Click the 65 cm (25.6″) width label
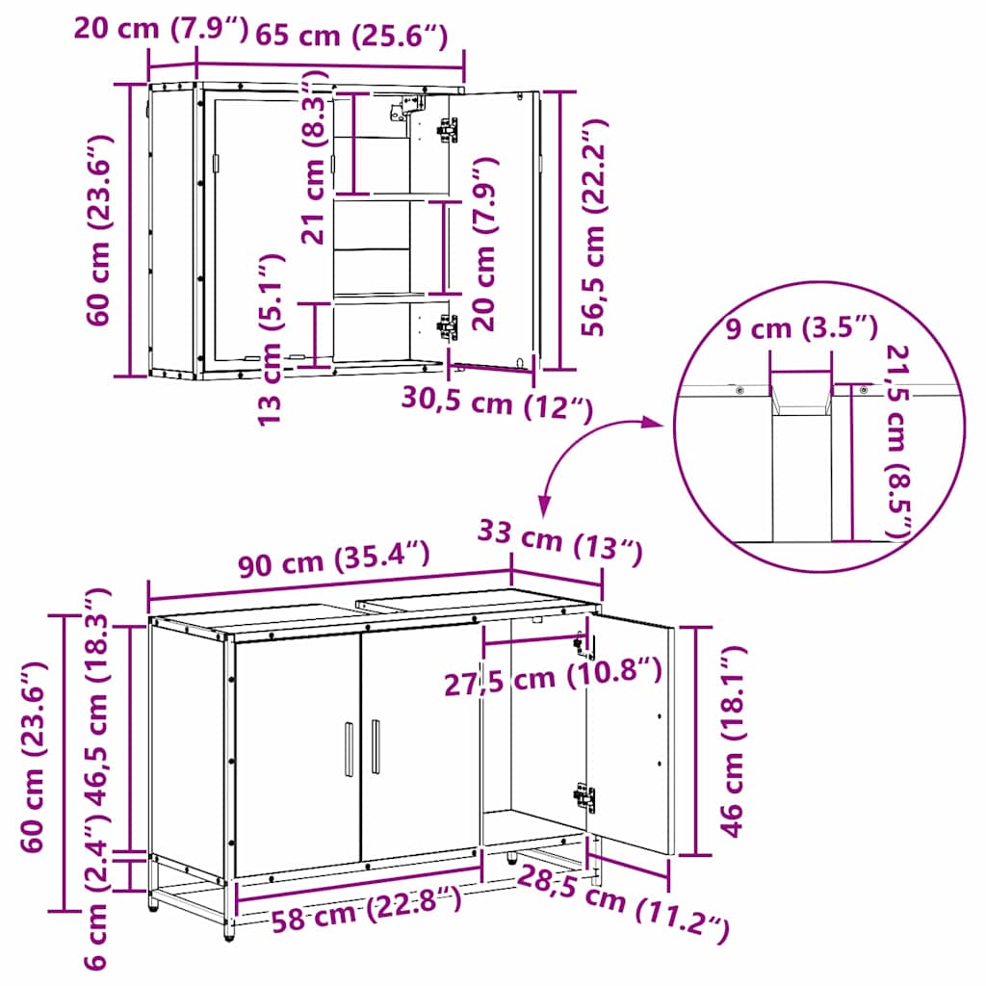(x=350, y=36)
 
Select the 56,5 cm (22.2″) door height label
(x=596, y=227)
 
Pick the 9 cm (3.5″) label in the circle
(x=800, y=328)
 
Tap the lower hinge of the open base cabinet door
(x=584, y=796)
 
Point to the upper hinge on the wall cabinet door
(x=447, y=129)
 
